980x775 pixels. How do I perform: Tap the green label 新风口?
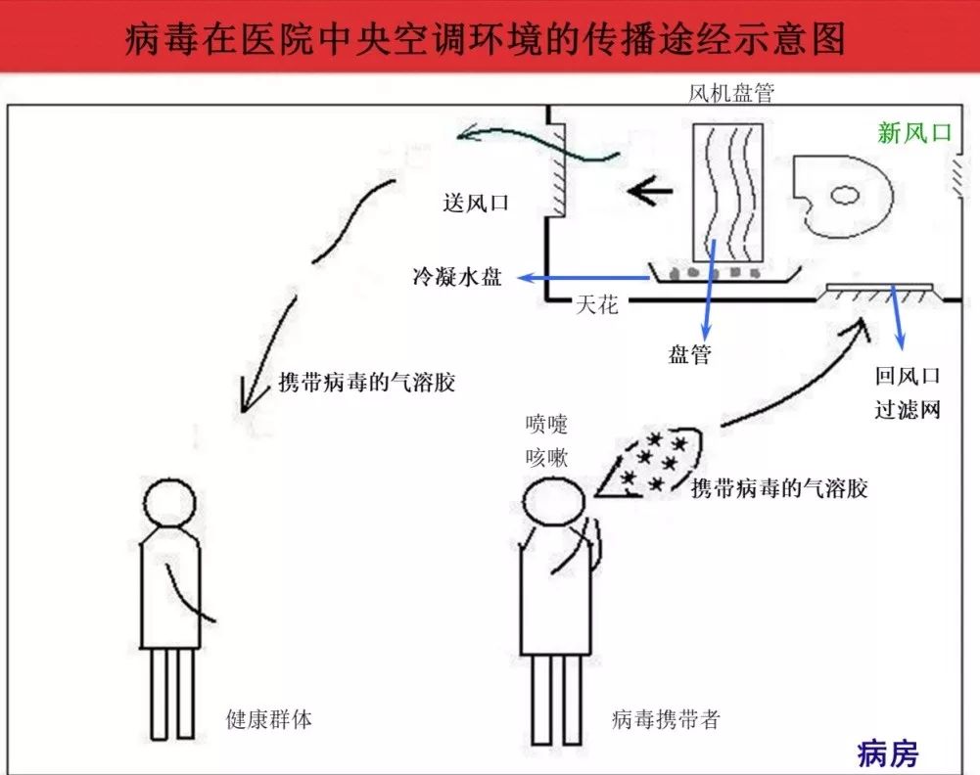[914, 133]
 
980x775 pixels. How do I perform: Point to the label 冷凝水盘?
[457, 277]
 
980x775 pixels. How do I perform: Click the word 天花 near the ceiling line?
[597, 305]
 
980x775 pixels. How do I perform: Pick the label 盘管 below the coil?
[690, 354]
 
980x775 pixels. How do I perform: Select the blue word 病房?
[888, 754]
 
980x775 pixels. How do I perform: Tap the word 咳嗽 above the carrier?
[547, 456]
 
